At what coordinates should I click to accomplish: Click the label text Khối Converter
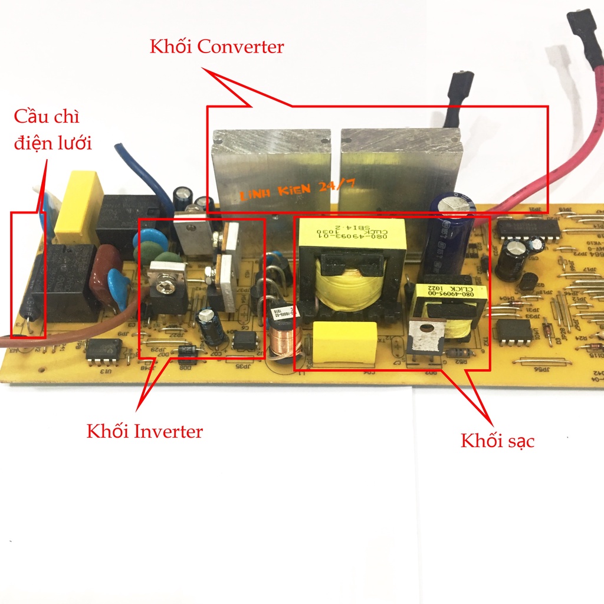point(216,47)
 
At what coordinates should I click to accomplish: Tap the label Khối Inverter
point(145,431)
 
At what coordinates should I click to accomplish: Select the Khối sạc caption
point(497,440)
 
